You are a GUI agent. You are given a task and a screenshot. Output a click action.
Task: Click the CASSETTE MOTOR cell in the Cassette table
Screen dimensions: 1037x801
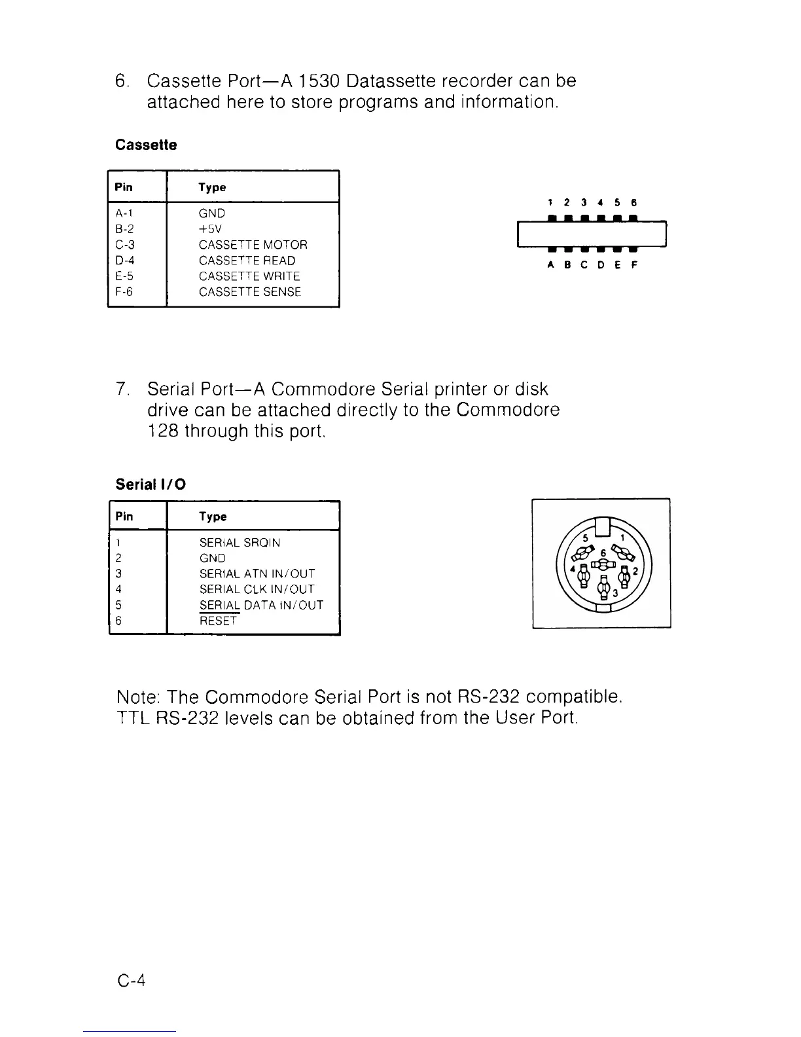coord(253,245)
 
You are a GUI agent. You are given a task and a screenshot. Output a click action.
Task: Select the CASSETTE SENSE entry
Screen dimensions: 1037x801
coord(250,292)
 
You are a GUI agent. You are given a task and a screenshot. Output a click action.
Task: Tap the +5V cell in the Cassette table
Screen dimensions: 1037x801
coord(210,229)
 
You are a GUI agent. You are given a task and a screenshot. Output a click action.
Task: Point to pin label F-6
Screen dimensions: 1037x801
coord(124,292)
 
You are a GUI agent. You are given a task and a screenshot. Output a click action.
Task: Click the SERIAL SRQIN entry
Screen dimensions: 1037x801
coord(240,543)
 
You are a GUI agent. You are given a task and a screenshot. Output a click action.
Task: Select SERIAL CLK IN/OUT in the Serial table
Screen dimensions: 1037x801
coord(257,590)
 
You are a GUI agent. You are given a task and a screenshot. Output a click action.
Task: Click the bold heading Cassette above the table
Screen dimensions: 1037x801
coord(146,145)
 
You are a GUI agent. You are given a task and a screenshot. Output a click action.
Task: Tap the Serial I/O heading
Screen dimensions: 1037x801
coord(151,484)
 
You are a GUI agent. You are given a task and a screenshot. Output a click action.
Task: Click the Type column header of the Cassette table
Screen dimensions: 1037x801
coord(212,188)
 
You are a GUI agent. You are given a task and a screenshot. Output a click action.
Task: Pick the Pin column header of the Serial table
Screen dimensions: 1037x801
coord(124,517)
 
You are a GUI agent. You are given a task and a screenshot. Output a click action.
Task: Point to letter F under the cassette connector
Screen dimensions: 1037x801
coord(633,265)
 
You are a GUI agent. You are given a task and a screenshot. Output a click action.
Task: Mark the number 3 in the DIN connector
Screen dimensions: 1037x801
coord(614,593)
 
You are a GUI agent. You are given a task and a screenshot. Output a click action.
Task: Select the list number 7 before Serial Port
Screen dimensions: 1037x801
coord(120,390)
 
